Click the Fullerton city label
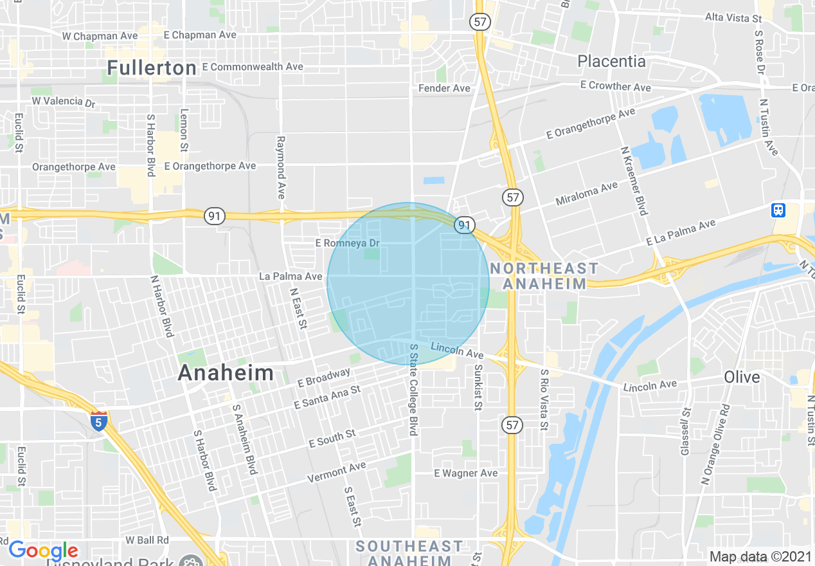click(152, 68)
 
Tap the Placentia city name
click(611, 61)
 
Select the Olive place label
click(742, 377)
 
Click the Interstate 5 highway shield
click(98, 421)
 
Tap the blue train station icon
click(779, 210)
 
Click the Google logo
click(43, 551)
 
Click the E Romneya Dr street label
click(348, 243)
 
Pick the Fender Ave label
click(444, 88)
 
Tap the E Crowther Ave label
click(615, 86)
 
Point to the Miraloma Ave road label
click(586, 190)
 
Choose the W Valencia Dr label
click(63, 101)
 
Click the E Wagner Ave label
click(466, 473)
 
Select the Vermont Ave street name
click(336, 472)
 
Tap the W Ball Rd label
click(147, 540)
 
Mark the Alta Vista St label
click(733, 18)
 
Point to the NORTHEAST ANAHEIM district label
click(544, 276)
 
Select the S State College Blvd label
click(413, 390)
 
